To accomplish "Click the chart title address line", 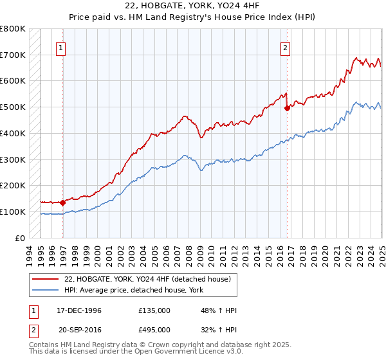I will tap(192, 6).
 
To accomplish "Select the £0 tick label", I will tap(20, 238).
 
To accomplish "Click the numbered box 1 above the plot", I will tap(60, 47).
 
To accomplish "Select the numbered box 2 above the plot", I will tap(284, 47).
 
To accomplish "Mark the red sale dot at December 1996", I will tap(63, 203).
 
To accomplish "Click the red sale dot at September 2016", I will tap(287, 109).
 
